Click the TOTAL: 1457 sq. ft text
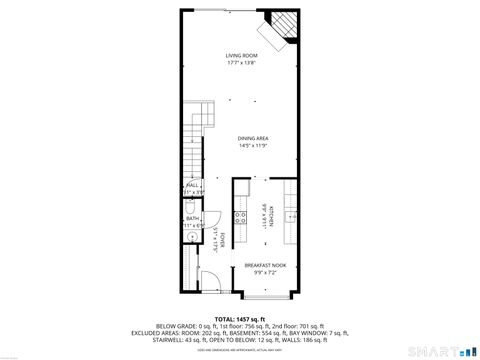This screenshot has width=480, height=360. click(x=240, y=318)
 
